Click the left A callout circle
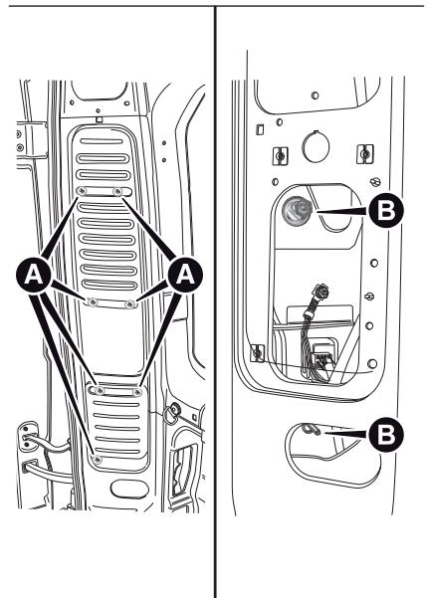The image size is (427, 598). pos(34,275)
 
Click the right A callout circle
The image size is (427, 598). pos(185,275)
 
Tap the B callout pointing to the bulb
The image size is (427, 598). pos(386,210)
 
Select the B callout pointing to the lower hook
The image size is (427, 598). pos(386,435)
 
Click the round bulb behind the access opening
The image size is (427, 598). pos(297,209)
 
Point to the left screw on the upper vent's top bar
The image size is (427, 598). pos(82,191)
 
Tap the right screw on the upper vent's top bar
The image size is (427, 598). pos(117,191)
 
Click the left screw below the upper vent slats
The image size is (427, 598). pos(92,302)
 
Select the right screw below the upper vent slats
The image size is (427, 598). pos(130,303)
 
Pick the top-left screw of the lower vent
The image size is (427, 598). pos(100,390)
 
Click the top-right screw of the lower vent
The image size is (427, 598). pos(137,392)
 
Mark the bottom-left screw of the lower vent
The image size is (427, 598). pos(98,460)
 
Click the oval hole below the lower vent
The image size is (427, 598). pos(129,489)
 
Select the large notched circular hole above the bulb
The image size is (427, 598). pos(316,147)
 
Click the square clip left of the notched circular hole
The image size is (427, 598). pos(280,156)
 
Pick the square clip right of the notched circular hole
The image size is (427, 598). pos(365,154)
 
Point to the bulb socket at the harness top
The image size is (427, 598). pos(321,293)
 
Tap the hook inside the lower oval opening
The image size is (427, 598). pos(312,429)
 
